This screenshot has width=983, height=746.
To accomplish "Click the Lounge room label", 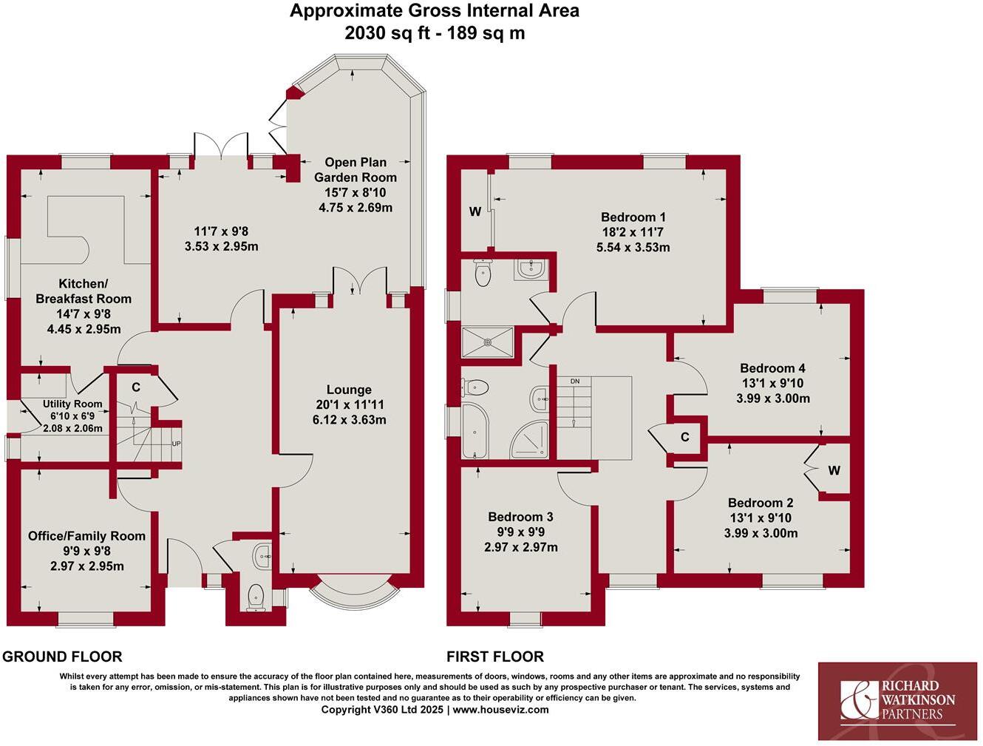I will coord(349,390).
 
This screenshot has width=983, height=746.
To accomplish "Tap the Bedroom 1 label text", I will coord(633,217).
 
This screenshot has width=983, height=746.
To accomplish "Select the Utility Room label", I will coord(72,404).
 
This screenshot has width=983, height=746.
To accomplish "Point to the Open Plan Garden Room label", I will coord(356,169).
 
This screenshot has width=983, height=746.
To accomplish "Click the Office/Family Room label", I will coord(86,536).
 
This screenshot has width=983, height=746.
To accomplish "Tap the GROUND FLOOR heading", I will coord(62,657).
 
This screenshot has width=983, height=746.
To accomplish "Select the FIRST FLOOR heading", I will coord(494,657).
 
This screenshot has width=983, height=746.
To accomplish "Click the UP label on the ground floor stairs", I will coord(176,444).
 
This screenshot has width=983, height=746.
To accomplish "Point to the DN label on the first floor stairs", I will coord(575,382).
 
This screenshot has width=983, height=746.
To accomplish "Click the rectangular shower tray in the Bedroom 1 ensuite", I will coord(487,342).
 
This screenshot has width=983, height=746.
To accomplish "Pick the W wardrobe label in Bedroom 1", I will coord(475,212).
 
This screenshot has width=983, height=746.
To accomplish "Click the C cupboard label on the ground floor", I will coord(136,387).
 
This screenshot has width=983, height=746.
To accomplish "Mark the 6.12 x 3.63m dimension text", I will coord(349,420).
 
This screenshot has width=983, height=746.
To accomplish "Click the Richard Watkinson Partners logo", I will coord(897,700).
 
